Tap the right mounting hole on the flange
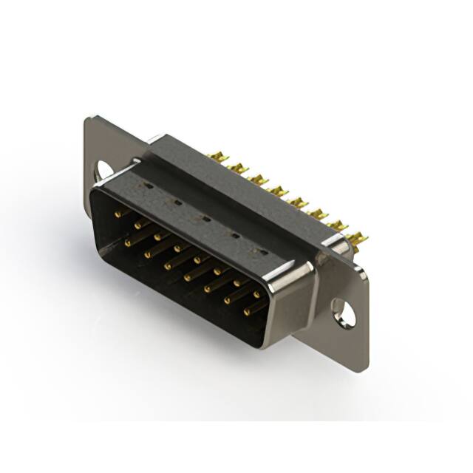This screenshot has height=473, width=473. [x=344, y=311]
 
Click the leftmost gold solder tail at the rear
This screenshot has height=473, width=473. [x=217, y=157]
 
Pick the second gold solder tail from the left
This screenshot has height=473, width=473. [x=237, y=168]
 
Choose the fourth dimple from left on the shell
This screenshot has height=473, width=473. [x=235, y=235]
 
